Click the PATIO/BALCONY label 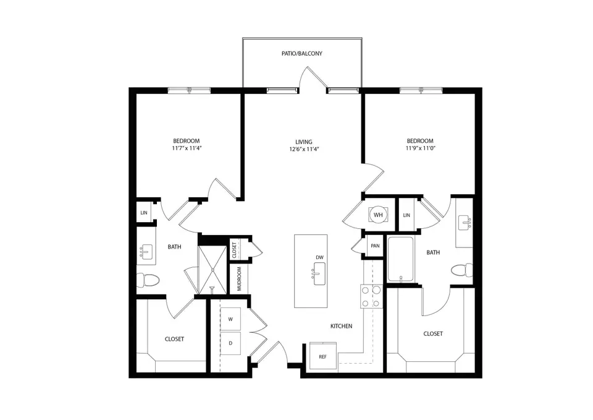coord(301,54)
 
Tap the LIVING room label coord(303,141)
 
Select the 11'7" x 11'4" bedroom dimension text coord(187,149)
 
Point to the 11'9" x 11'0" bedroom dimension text coord(419,149)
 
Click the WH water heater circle coord(378,215)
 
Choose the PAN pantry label coord(375,246)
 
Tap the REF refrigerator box coord(322,357)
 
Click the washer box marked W coord(230,319)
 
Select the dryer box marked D coord(230,343)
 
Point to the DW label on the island coord(319,257)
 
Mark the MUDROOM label coord(239,279)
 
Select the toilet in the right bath coord(462,270)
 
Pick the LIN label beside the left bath coord(144,213)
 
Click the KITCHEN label coord(341,326)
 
